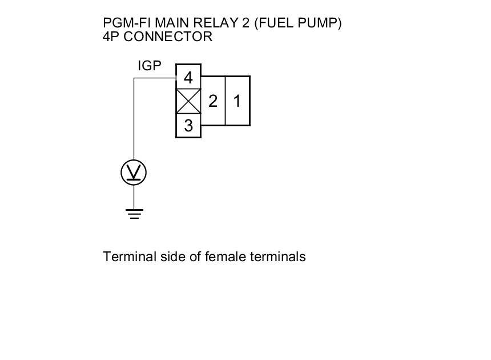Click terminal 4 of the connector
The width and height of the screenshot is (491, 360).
(x=188, y=77)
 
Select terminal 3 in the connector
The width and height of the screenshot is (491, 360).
(x=188, y=126)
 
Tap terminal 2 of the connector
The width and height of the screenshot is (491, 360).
(x=213, y=101)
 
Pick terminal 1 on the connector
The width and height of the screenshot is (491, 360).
(x=238, y=101)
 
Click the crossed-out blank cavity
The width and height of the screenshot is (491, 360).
(x=188, y=102)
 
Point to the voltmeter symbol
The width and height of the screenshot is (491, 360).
(x=134, y=172)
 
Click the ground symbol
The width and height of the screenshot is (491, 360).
(x=134, y=214)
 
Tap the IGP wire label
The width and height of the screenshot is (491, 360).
(x=150, y=66)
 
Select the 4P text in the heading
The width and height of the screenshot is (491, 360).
(x=111, y=37)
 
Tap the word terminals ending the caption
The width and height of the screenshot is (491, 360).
(x=277, y=257)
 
